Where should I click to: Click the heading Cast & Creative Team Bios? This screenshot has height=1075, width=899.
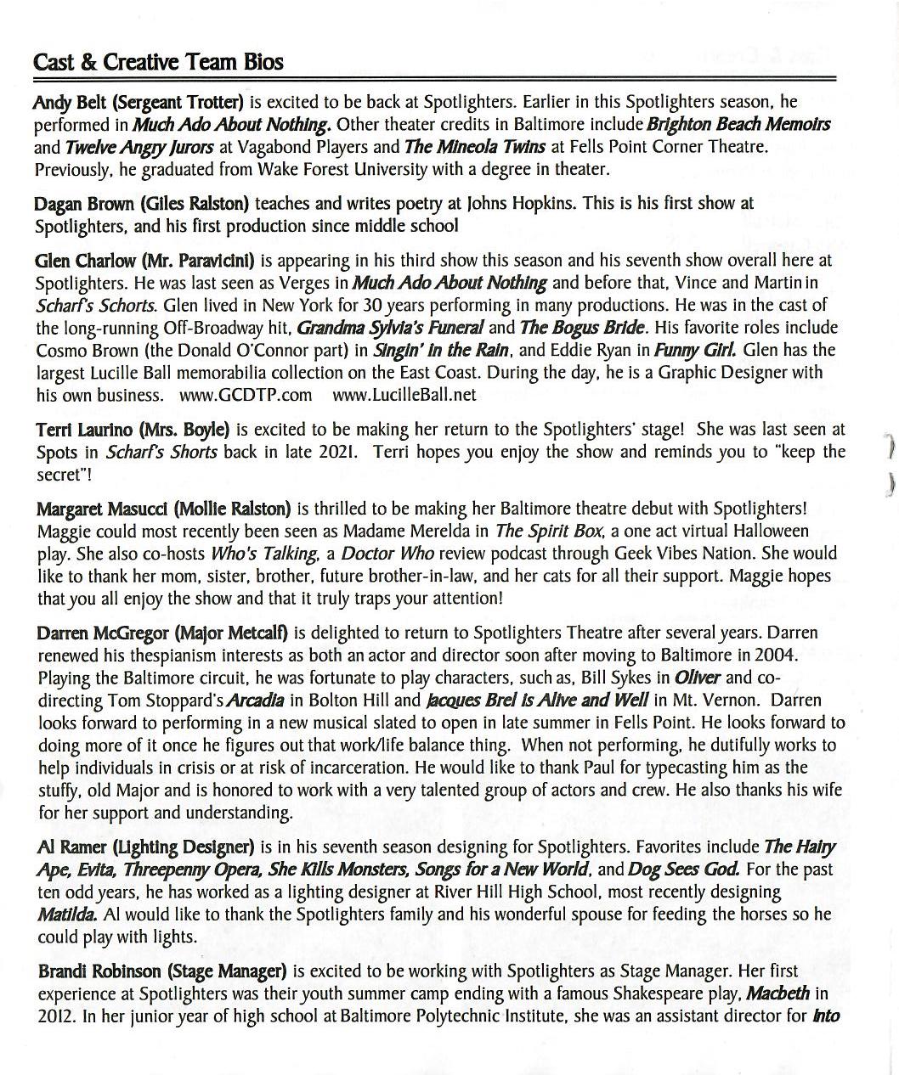tap(158, 62)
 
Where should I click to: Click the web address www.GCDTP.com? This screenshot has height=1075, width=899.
tap(246, 395)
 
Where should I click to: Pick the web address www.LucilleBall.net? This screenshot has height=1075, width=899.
tap(404, 395)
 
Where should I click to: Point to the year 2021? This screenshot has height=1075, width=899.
tap(337, 452)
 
